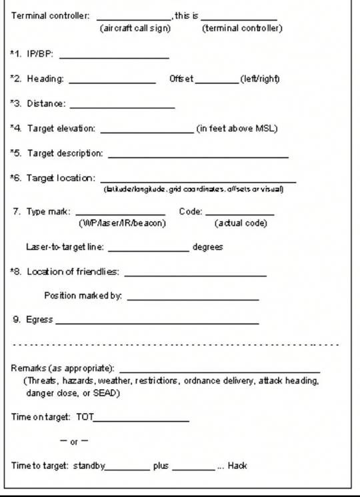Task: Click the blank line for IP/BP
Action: coord(114,58)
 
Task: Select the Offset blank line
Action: coord(217,82)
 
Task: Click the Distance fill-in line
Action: coord(122,107)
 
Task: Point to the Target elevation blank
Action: coord(146,131)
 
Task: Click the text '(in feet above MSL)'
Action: coord(237,128)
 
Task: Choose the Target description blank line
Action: coord(198,157)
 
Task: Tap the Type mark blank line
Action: coord(125,215)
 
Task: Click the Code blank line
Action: coord(239,215)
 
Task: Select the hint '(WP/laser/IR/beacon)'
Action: coord(122,223)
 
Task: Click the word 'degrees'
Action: coord(207,247)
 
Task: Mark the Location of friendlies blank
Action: coord(195,274)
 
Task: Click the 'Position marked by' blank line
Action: coord(193,299)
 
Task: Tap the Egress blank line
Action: coord(157,323)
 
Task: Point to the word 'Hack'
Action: coord(237,466)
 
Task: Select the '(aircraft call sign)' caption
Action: coord(135,29)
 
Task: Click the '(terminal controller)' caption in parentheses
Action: coord(242,29)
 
